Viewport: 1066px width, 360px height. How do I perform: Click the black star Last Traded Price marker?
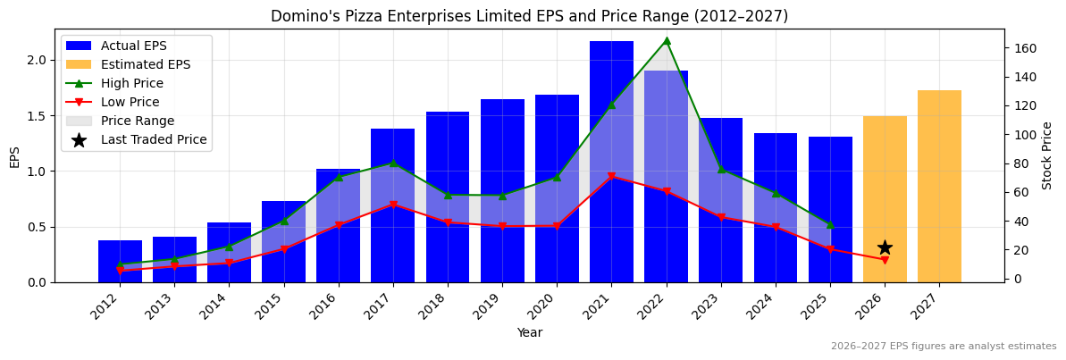tap(885, 247)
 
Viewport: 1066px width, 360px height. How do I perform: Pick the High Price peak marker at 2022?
tap(667, 40)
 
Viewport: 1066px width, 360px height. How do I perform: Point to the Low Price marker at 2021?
tap(611, 177)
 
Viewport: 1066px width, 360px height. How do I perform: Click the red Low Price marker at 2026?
tap(885, 260)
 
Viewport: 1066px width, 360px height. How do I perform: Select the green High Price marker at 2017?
tap(393, 163)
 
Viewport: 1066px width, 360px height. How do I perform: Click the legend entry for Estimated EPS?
tap(145, 64)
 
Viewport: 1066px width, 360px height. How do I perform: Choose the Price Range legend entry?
tap(137, 121)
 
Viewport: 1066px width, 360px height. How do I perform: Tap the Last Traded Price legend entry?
tap(153, 139)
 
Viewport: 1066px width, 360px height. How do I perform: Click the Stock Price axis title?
tap(1047, 155)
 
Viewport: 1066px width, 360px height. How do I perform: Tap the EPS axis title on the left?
tap(14, 156)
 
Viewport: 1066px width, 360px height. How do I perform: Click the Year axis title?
tap(529, 333)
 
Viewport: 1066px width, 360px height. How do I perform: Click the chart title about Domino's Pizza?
tap(529, 16)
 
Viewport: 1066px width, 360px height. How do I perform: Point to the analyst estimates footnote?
tap(943, 347)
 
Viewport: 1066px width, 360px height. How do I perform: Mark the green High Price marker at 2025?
tap(830, 224)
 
